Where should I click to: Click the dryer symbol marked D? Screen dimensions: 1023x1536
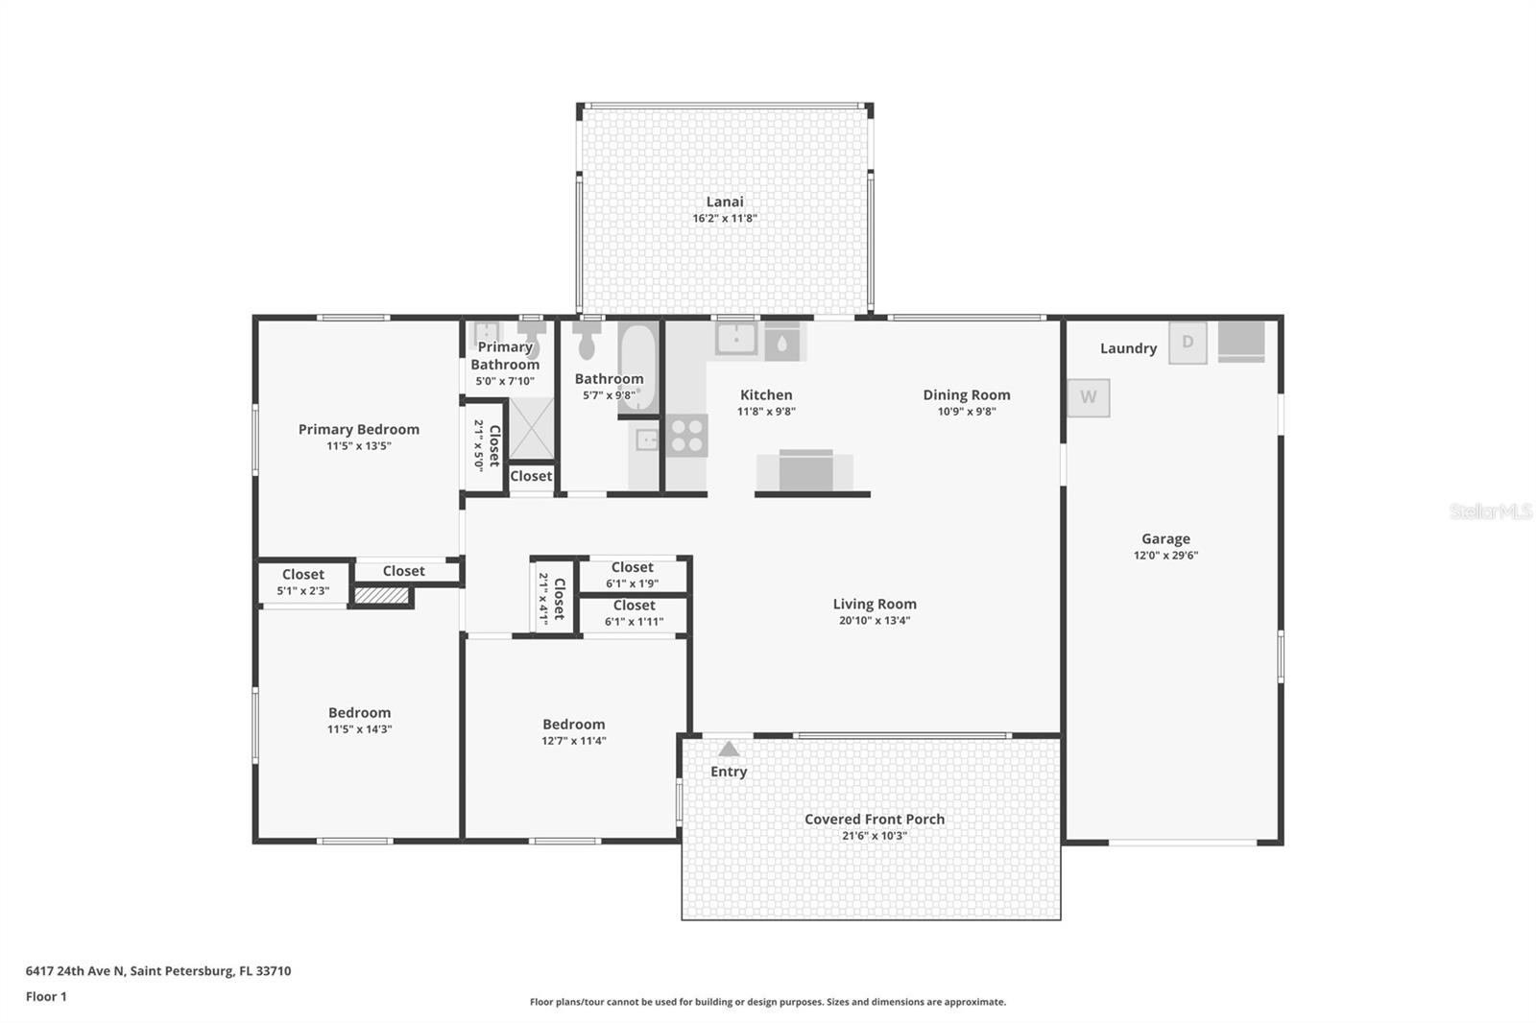1188,343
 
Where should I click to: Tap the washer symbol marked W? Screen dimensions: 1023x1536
1089,397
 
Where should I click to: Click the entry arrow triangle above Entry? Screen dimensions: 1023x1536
729,749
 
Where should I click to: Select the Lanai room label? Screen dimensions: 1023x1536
725,202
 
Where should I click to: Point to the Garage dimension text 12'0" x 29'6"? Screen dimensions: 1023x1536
1165,556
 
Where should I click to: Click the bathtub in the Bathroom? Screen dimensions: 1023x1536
637,369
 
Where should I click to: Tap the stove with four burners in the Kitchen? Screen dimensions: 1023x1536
687,436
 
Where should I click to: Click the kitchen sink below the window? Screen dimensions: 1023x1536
736,338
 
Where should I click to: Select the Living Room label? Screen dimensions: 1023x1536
874,604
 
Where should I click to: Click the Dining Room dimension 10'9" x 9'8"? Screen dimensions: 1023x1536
966,412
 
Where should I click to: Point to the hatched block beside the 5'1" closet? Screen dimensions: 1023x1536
381,596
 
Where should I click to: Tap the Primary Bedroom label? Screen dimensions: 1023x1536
358,429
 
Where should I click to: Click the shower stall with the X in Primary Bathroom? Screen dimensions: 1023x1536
531,428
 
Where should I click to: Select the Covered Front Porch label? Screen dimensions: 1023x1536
874,819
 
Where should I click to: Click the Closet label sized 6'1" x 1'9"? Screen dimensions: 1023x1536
632,567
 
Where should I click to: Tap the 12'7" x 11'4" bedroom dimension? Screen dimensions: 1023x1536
573,741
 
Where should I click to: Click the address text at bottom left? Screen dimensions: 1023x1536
158,970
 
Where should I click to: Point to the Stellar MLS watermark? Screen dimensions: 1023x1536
1490,511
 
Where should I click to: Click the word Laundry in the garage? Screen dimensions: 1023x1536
1128,348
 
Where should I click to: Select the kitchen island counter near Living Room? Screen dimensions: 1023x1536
804,472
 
